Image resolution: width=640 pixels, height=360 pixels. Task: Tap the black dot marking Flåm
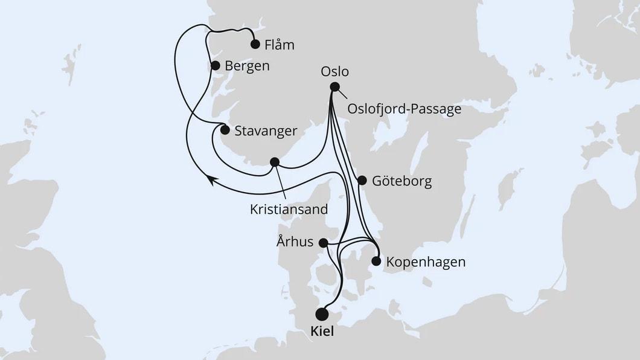point(255,44)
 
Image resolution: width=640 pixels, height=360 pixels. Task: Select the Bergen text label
point(246,65)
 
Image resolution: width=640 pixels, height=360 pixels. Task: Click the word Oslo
point(336,72)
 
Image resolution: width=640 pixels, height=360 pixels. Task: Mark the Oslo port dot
point(334,87)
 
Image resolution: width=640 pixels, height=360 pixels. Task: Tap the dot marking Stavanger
point(224,130)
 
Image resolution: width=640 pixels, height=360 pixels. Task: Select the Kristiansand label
point(289,210)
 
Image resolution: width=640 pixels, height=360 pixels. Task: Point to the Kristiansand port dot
point(274,162)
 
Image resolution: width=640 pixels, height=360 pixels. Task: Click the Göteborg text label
point(402,181)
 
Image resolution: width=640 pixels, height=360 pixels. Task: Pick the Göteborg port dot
point(362,180)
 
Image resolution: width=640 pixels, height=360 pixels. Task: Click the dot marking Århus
point(323,243)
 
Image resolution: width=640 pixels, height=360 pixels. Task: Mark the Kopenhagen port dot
point(376,262)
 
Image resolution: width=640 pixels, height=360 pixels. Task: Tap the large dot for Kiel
point(322,314)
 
